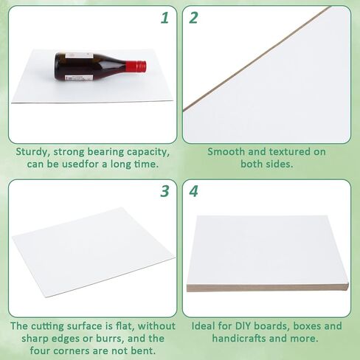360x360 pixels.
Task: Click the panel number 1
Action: [166, 16]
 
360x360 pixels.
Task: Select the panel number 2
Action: [194, 16]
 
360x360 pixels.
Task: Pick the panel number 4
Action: [194, 192]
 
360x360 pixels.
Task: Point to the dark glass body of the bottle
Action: [89, 66]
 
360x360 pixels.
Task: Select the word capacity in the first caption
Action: [148, 152]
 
